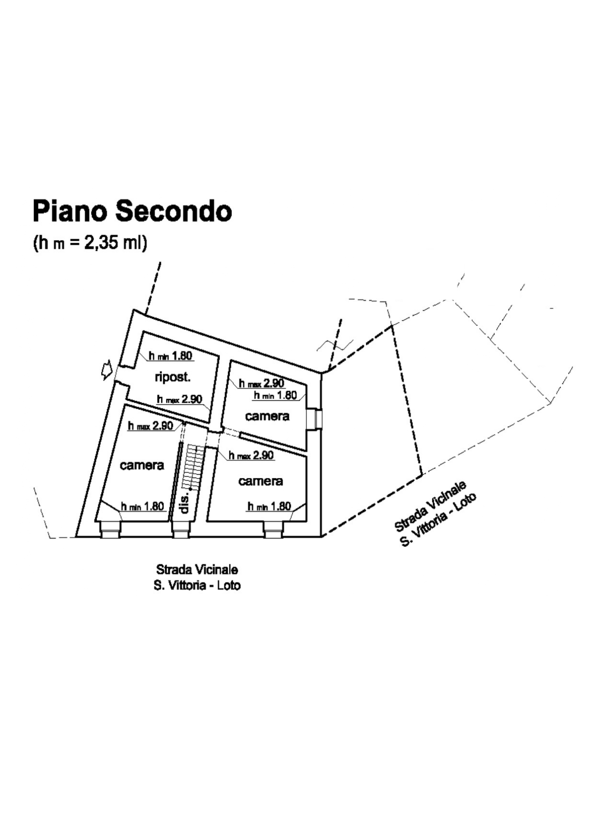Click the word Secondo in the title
pyautogui.click(x=174, y=211)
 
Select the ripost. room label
pyautogui.click(x=173, y=377)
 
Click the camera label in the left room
pyautogui.click(x=142, y=465)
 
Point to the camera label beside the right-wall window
pyautogui.click(x=267, y=416)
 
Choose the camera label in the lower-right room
pyautogui.click(x=260, y=481)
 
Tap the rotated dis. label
pyautogui.click(x=185, y=502)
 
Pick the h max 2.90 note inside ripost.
pyautogui.click(x=180, y=399)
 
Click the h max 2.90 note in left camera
pyautogui.click(x=150, y=426)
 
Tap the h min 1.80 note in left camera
pyautogui.click(x=143, y=507)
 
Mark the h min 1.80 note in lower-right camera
pyautogui.click(x=269, y=506)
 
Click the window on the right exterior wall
pyautogui.click(x=315, y=418)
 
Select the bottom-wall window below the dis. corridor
pyautogui.click(x=181, y=529)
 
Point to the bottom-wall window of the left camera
pyautogui.click(x=111, y=529)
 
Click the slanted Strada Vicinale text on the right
pyautogui.click(x=430, y=506)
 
